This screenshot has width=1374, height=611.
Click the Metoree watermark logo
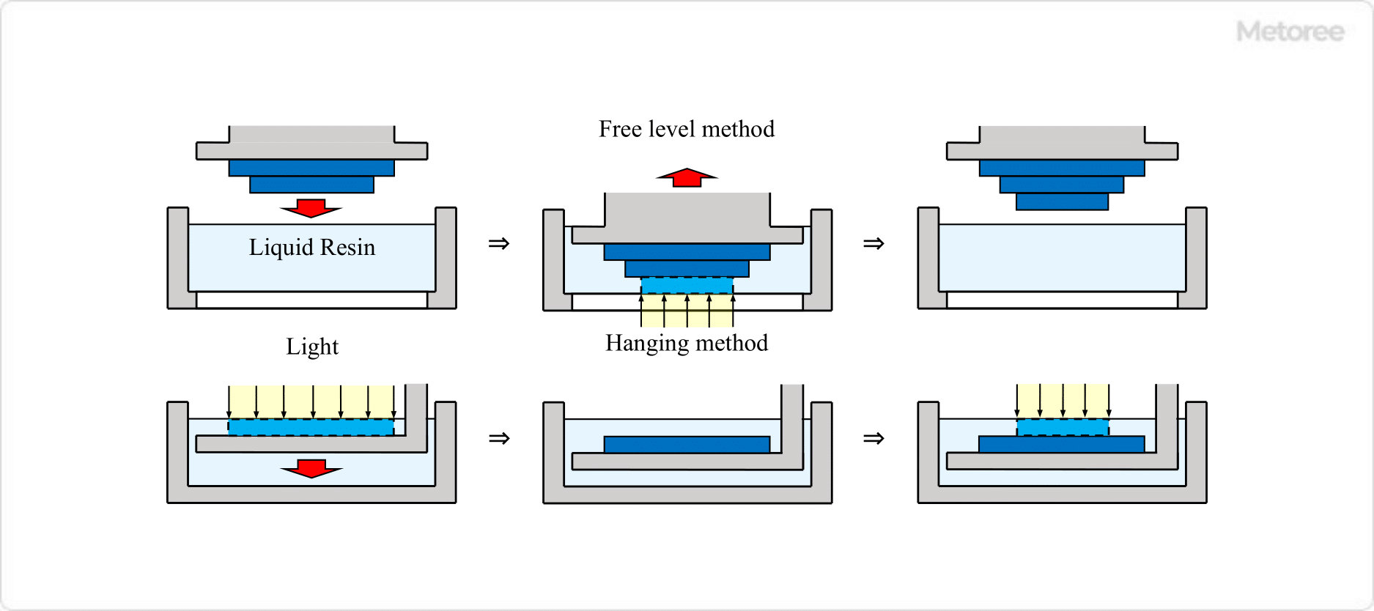(1290, 32)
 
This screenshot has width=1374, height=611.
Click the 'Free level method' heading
(686, 129)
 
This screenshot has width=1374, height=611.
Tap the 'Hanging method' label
(686, 343)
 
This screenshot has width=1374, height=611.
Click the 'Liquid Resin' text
(311, 248)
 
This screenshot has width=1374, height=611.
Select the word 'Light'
(311, 347)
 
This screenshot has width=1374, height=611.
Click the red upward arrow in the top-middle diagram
(687, 177)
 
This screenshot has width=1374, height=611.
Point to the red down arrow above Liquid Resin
(311, 208)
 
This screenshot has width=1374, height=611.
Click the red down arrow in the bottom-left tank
(311, 469)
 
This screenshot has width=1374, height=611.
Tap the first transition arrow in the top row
(499, 243)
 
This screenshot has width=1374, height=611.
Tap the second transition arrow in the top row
(873, 243)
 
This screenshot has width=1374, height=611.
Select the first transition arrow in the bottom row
(499, 438)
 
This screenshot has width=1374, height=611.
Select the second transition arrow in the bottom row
(873, 438)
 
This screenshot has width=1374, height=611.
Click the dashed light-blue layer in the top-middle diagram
(687, 286)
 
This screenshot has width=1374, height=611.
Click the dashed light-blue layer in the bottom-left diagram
(311, 427)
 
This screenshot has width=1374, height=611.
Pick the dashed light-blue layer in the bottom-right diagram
(1062, 427)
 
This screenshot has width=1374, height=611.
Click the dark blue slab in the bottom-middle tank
(687, 444)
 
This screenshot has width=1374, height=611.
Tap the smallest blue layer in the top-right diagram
(1062, 201)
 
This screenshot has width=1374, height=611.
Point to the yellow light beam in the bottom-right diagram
(1062, 401)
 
